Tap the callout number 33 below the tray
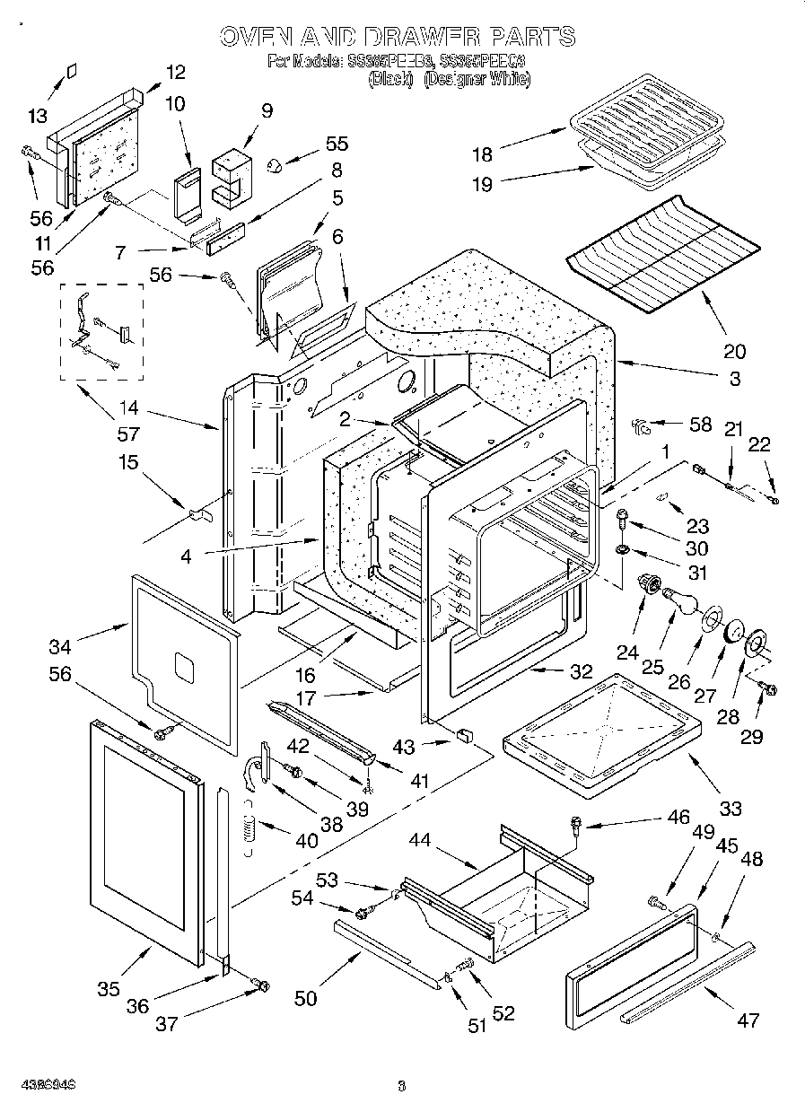pos(731,809)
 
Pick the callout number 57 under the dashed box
pos(129,434)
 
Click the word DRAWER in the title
pos(414,37)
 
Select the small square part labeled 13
pos(74,72)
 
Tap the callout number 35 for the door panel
pos(108,989)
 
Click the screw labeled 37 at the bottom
pos(261,985)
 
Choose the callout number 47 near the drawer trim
pos(747,1020)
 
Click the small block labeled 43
pos(465,736)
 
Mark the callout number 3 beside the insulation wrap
pos(734,379)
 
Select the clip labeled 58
pos(641,425)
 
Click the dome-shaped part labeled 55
pos(276,163)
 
